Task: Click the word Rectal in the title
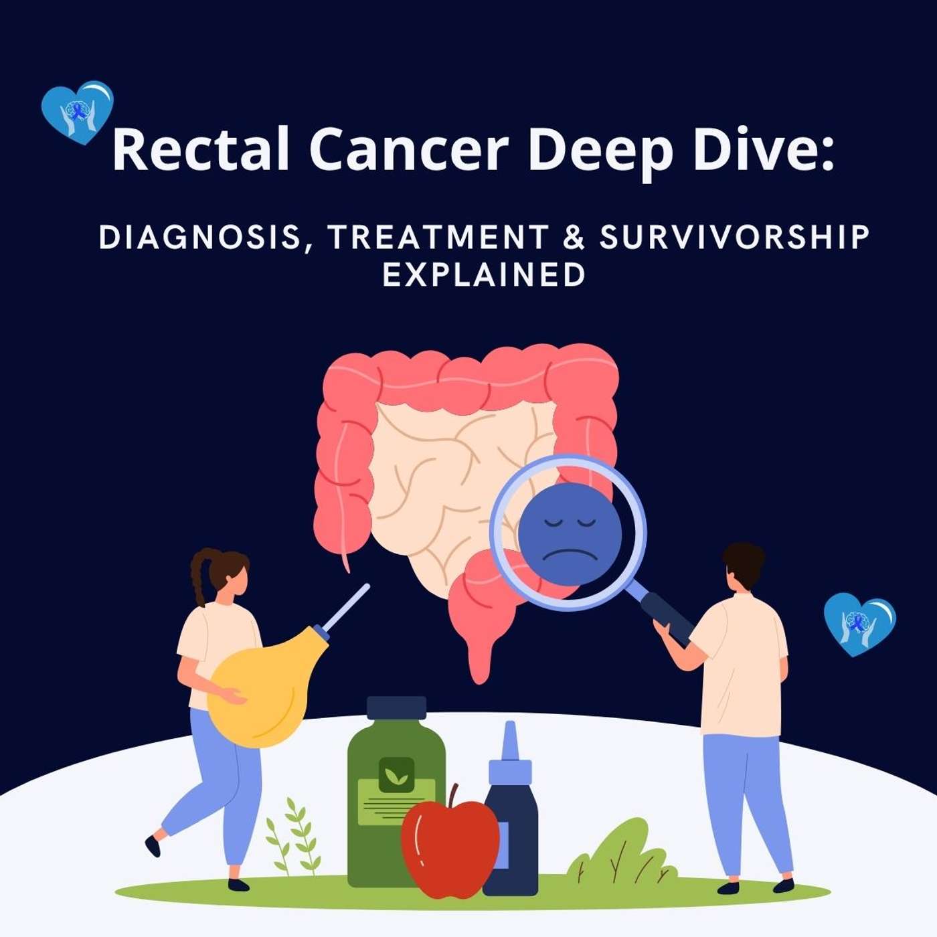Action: point(201,150)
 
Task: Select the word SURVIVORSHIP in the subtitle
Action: point(734,237)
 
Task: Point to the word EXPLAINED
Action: point(484,274)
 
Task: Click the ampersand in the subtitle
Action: point(574,237)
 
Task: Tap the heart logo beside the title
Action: point(77,112)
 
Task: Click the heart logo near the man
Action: point(859,623)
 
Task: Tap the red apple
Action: point(450,847)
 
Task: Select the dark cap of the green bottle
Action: point(396,707)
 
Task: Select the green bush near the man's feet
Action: point(619,853)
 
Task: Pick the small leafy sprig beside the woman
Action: point(294,837)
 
